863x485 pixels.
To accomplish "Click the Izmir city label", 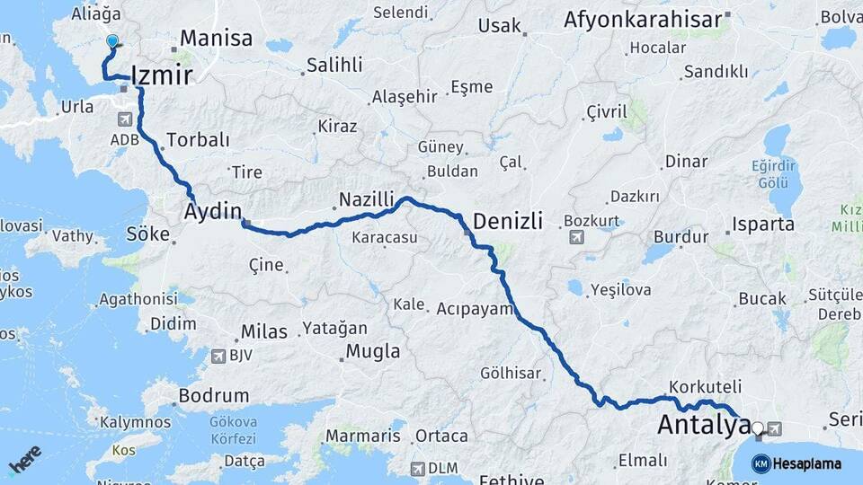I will tap(162, 75).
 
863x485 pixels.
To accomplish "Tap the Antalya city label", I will tap(702, 425).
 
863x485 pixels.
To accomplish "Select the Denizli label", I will tap(507, 221).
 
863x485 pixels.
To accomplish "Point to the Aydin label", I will tap(213, 212).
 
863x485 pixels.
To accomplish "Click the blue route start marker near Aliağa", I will tap(112, 42).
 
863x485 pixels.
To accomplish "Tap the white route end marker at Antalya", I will tap(758, 429).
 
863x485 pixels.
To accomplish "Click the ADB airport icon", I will tap(124, 119).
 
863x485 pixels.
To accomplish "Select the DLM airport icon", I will tap(417, 469).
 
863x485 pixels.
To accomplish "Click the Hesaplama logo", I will tap(797, 463).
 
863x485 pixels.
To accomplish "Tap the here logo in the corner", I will tap(24, 460).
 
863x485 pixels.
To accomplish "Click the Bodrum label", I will tap(213, 395).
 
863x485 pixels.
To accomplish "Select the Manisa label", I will tap(216, 39).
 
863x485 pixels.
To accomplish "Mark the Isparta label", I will tap(763, 224).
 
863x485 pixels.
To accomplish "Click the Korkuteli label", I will tap(705, 386).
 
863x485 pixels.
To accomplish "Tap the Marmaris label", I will tap(362, 436).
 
